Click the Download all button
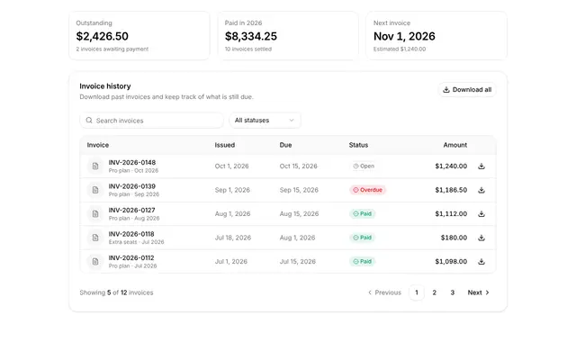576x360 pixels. [467, 90]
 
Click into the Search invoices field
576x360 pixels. [151, 121]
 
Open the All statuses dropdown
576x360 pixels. [265, 121]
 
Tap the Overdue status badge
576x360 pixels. [367, 190]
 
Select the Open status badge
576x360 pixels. [364, 166]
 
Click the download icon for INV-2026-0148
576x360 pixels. [481, 166]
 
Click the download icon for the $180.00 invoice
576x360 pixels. [481, 238]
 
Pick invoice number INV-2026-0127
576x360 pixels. [132, 210]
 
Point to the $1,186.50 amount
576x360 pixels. [451, 190]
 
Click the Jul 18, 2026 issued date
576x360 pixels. [233, 238]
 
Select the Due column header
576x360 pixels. [285, 145]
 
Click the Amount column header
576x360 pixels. [455, 145]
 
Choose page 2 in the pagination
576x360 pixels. [434, 292]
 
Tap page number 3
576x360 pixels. [452, 292]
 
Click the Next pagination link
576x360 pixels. [478, 292]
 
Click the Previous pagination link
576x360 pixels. [384, 292]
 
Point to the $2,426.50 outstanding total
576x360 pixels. [102, 36]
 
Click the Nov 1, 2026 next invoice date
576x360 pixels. [404, 36]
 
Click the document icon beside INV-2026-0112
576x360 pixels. [95, 262]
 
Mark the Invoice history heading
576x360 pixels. [105, 86]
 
